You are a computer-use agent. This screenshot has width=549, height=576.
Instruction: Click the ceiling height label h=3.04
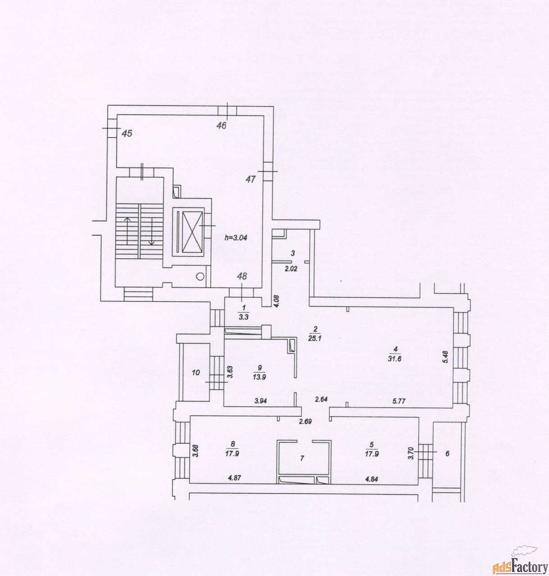coord(236,238)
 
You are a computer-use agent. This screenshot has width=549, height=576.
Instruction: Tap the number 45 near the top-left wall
coord(127,134)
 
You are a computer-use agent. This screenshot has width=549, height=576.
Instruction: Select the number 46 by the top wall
coord(222,126)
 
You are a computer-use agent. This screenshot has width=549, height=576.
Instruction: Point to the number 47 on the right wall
coord(250,179)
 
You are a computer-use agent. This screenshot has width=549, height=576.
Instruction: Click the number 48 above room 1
coord(242,276)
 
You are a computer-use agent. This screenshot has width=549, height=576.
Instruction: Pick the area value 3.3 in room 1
coord(244,317)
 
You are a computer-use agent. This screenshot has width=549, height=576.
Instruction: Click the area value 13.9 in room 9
coord(259,378)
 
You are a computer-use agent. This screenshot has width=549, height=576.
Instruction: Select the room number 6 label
coord(447,454)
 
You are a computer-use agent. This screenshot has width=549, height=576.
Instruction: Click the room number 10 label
coord(196,373)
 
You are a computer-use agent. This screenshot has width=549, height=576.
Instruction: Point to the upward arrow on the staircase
coord(127,231)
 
